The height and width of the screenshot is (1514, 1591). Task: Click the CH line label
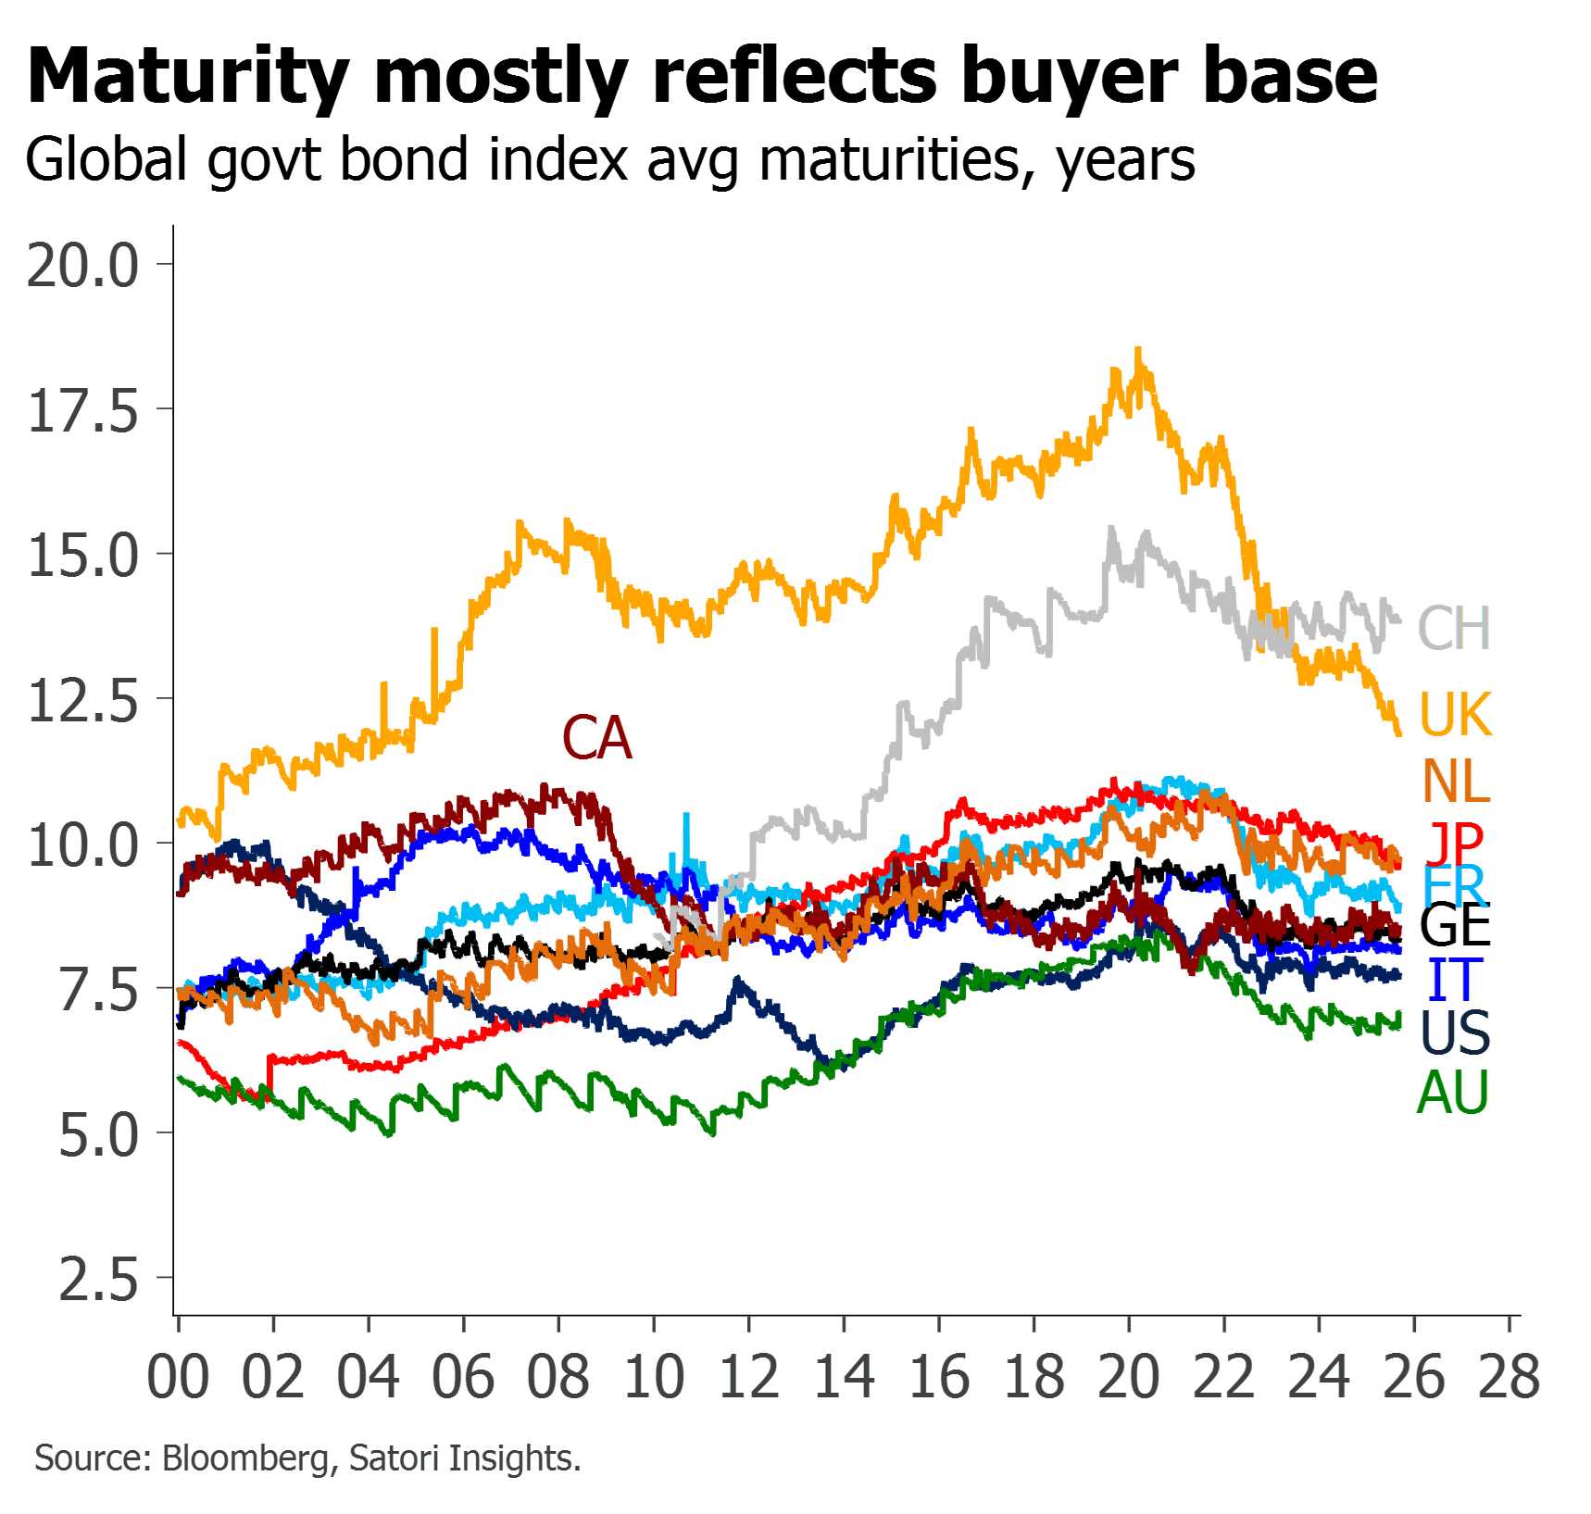tap(1454, 628)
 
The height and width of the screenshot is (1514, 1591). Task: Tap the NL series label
tap(1457, 782)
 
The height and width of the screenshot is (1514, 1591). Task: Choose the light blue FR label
tap(1454, 887)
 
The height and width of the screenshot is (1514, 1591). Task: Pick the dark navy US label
tap(1455, 1033)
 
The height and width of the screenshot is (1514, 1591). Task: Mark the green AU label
tap(1453, 1093)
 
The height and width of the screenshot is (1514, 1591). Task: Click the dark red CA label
tap(598, 738)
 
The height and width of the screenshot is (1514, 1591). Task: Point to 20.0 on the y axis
tap(83, 265)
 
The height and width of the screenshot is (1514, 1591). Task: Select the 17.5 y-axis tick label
tap(83, 410)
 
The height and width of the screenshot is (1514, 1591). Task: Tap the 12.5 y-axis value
tap(83, 700)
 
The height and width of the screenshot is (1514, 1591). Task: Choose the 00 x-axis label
tap(178, 1377)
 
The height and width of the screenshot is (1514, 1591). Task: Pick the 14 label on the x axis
tap(845, 1377)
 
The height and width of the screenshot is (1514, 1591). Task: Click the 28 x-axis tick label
tap(1510, 1377)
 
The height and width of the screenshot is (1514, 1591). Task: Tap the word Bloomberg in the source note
tap(245, 1458)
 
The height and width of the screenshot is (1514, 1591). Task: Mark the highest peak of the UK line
tap(1138, 350)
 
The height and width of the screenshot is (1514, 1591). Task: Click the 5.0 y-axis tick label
tap(98, 1134)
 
